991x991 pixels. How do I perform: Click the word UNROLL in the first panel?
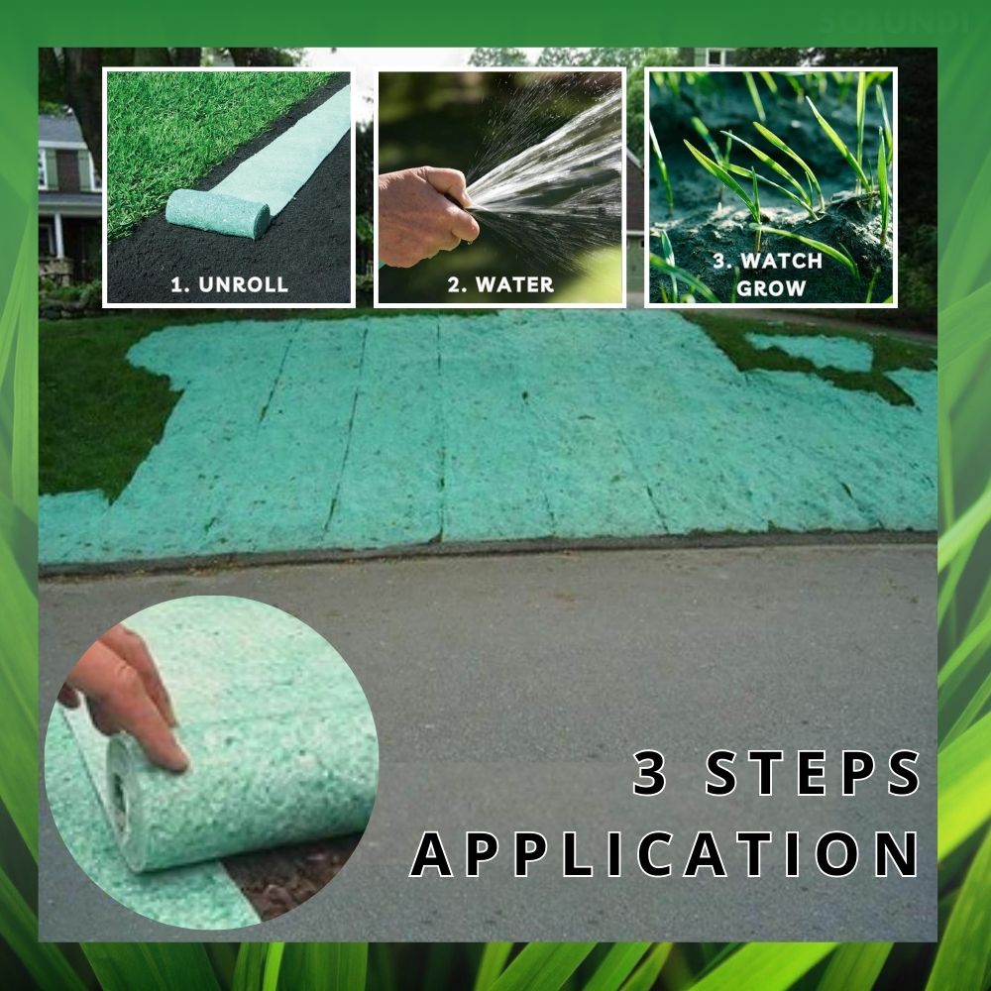[244, 284]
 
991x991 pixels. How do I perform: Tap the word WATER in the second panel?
[514, 284]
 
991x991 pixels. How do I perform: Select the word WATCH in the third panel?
[781, 261]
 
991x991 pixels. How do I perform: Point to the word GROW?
[771, 288]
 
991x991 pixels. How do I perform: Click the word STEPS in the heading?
[813, 773]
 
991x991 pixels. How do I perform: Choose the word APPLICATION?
[664, 854]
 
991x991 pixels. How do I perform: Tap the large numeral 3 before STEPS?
[650, 773]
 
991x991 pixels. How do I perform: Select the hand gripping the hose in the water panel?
[426, 216]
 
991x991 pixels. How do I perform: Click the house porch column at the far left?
[57, 235]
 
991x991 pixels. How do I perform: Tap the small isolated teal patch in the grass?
[813, 351]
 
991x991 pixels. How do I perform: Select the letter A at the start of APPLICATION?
[432, 854]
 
